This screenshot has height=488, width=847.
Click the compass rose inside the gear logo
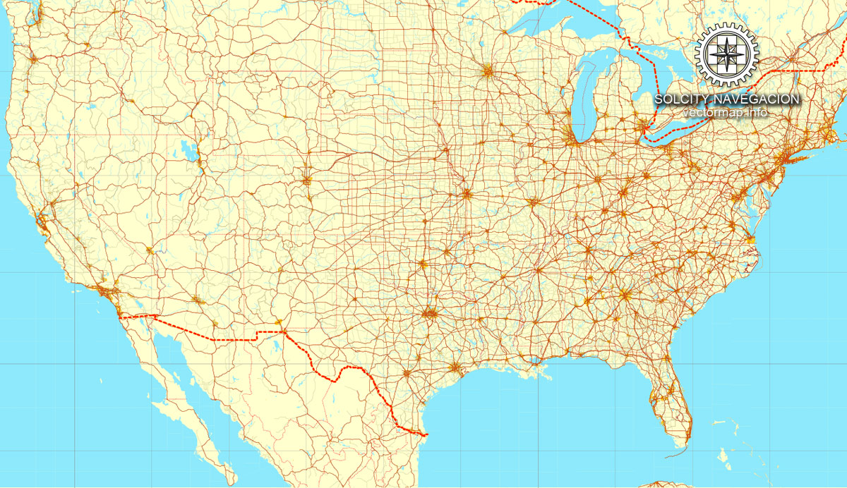click(x=726, y=54)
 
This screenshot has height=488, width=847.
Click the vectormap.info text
click(x=726, y=112)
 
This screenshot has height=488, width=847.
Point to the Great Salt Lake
click(x=188, y=150)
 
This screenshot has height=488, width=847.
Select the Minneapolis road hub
click(x=488, y=71)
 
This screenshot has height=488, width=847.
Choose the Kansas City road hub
click(x=467, y=193)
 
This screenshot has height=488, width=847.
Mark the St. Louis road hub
click(x=534, y=203)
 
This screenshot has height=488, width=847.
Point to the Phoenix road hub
click(x=197, y=301)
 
